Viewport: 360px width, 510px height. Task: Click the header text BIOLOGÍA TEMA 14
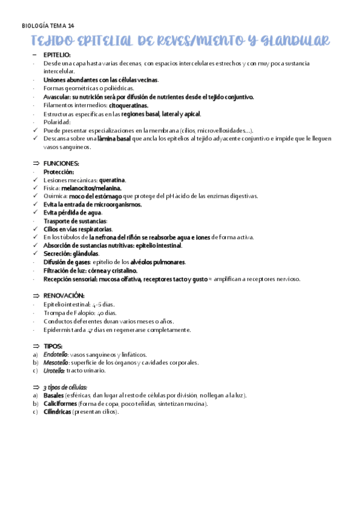pos(48,25)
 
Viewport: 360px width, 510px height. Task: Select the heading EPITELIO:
pos(57,55)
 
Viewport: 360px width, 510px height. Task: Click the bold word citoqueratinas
pos(128,105)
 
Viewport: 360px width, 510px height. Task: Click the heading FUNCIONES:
pos(61,163)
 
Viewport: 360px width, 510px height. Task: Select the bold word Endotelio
pos(55,354)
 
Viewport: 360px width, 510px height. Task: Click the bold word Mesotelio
pos(55,363)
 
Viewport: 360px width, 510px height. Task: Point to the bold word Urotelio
pos(54,370)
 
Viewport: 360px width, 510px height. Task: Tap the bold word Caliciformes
pos(60,404)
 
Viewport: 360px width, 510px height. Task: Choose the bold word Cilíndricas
pos(58,412)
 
